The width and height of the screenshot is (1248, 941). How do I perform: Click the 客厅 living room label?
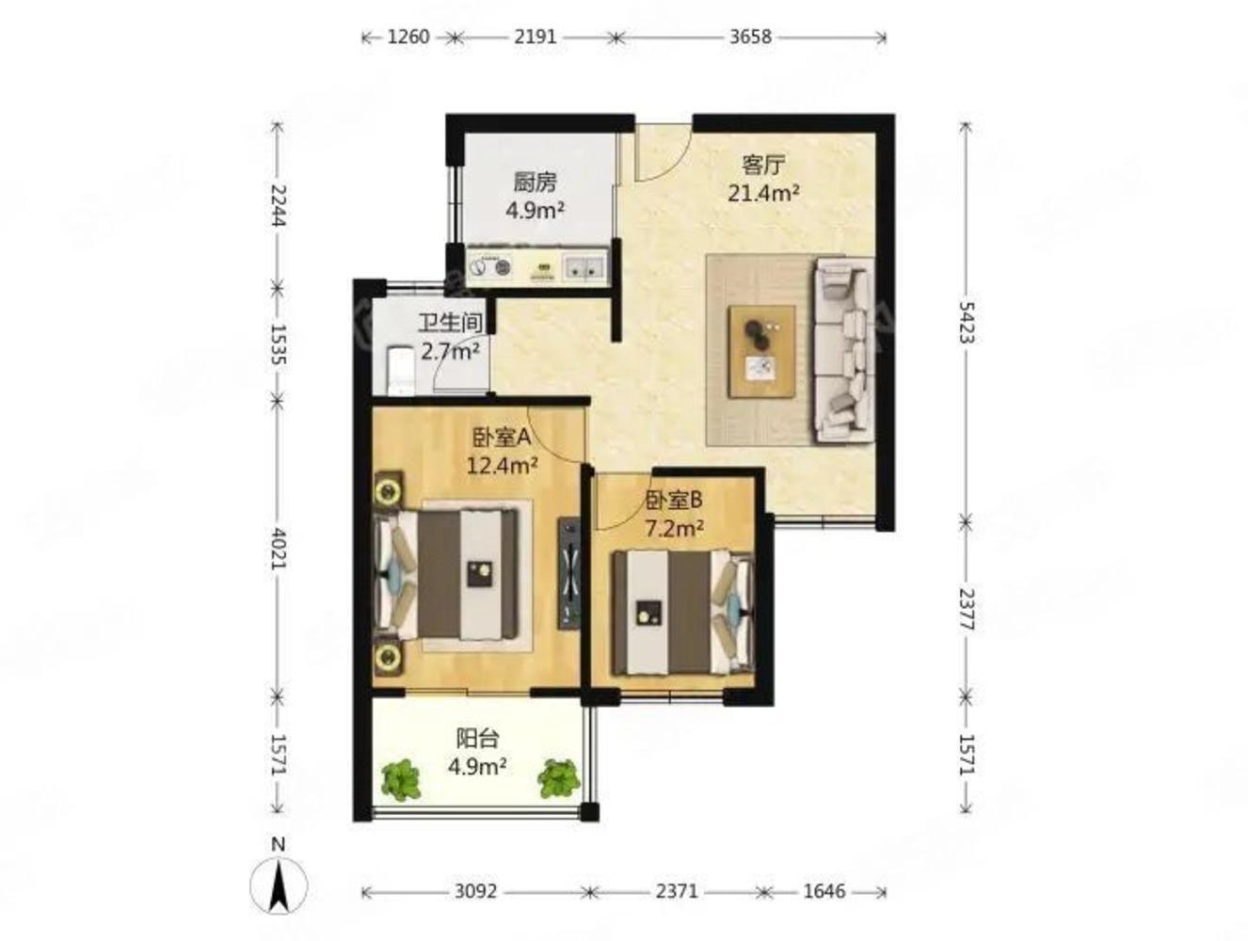(x=763, y=166)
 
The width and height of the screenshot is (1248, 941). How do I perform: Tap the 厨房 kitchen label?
(x=535, y=183)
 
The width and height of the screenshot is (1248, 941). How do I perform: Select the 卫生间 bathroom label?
(x=450, y=324)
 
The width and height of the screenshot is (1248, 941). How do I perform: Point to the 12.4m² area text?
(x=503, y=466)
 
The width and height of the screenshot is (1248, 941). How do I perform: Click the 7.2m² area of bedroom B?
(x=674, y=529)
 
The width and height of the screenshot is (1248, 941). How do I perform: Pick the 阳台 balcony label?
(x=478, y=738)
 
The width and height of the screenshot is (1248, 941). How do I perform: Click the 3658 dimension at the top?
(x=750, y=37)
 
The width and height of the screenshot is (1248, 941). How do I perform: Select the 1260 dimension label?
(x=408, y=37)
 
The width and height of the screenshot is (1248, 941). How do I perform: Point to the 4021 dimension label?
(x=278, y=549)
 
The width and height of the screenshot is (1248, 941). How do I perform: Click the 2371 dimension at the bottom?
(x=677, y=891)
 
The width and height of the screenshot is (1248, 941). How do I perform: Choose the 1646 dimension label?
(x=824, y=891)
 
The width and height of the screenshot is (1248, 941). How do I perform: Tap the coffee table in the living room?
(x=762, y=351)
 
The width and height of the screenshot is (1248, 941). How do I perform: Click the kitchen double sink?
(x=584, y=266)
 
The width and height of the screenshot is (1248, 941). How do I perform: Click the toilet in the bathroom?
(x=400, y=371)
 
